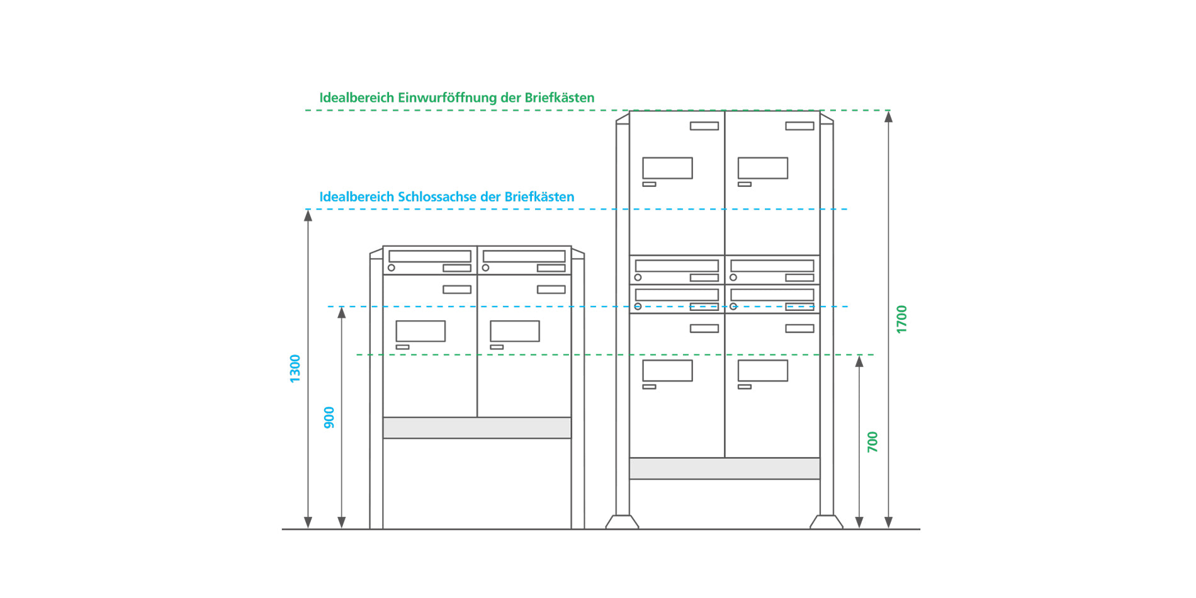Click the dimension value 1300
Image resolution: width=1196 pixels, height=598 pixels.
(x=295, y=368)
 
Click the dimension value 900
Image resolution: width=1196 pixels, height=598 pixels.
(x=329, y=417)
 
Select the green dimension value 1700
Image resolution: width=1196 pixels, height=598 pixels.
(x=901, y=319)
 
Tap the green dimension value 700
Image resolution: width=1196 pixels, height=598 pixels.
(x=872, y=441)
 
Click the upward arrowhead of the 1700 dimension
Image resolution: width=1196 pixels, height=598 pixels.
(x=888, y=116)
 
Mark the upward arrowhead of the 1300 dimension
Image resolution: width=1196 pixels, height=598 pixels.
(x=308, y=215)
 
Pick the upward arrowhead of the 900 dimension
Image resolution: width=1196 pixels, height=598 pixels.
(x=342, y=313)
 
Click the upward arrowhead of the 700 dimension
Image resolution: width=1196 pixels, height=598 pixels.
(x=859, y=361)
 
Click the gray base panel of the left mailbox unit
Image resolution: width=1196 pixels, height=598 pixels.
(x=477, y=427)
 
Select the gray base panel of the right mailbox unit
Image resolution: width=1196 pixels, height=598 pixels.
(x=725, y=468)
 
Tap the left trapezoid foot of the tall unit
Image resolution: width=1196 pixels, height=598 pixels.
(x=623, y=522)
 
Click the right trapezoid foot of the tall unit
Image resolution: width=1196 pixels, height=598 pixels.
(x=826, y=522)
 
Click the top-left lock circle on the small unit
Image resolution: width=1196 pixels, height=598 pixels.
(x=392, y=268)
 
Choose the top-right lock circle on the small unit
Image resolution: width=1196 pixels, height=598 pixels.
(x=486, y=268)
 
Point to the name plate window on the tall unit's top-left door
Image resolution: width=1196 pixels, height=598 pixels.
(x=667, y=168)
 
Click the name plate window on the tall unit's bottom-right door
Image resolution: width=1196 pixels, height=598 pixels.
(x=763, y=371)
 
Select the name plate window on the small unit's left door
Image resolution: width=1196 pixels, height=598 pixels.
(x=420, y=331)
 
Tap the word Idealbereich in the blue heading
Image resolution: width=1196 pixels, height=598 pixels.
(x=356, y=196)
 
